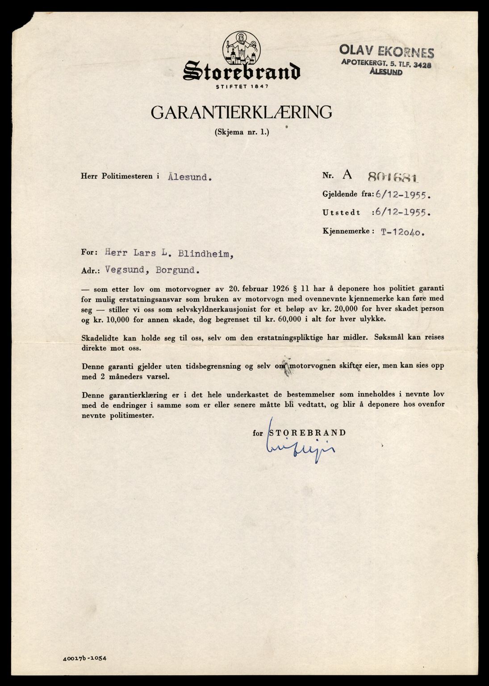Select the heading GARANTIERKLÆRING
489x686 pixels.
[241, 113]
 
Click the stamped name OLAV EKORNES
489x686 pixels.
[387, 52]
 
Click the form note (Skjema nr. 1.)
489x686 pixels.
[242, 132]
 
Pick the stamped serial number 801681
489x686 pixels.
[393, 177]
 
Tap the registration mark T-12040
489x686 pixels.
[402, 232]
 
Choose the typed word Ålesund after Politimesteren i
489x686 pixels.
[189, 176]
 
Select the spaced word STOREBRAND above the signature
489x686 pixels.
[306, 432]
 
